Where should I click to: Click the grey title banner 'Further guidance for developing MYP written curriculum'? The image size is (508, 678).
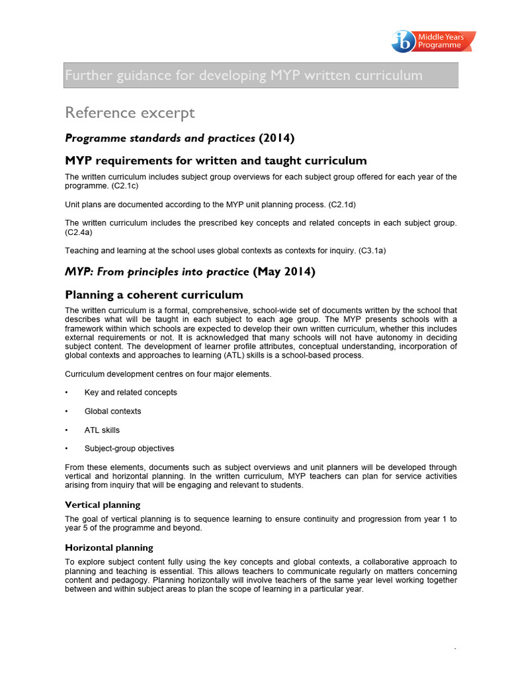click(261, 75)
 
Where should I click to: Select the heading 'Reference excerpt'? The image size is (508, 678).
click(130, 113)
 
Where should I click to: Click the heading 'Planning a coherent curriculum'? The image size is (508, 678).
click(153, 295)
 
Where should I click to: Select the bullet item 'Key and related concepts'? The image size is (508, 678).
click(131, 393)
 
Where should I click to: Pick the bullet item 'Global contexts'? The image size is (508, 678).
click(112, 411)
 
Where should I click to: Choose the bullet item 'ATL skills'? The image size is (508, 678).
click(102, 430)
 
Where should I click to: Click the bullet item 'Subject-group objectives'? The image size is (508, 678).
click(129, 449)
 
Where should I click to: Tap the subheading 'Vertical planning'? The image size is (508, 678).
click(103, 505)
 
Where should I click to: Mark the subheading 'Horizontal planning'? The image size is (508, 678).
click(109, 548)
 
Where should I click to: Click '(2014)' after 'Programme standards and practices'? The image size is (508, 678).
click(276, 138)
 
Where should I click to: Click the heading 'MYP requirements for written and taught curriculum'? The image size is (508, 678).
click(216, 161)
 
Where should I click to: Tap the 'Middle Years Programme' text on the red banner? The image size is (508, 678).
click(444, 42)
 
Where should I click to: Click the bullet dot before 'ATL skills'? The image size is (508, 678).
click(67, 430)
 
